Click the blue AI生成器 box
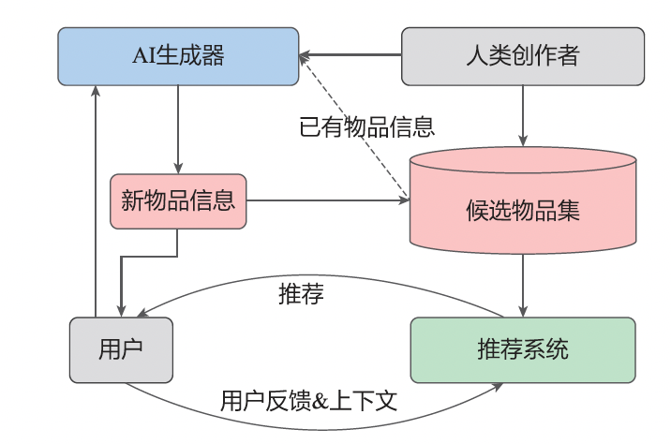178,56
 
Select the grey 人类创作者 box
523,56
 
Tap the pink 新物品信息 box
178,200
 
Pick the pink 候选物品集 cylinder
523,208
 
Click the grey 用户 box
121,350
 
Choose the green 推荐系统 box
523,350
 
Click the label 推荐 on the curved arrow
301,293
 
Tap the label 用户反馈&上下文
309,403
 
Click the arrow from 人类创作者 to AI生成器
351,56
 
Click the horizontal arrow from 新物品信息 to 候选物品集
328,200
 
